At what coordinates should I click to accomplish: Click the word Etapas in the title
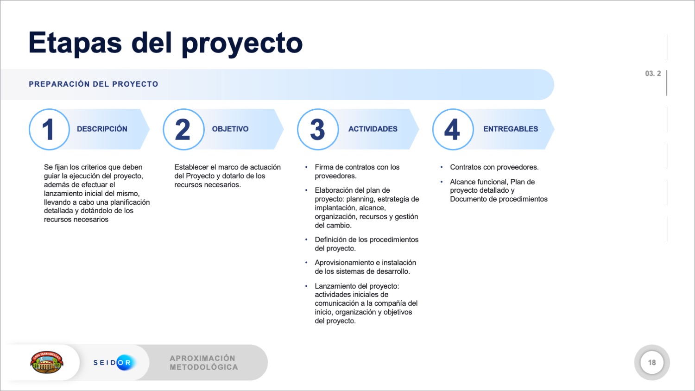click(x=75, y=43)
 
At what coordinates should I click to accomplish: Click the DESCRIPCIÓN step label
click(x=102, y=129)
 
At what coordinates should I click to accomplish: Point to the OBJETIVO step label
click(x=230, y=129)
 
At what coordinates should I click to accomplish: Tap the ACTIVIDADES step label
click(x=373, y=129)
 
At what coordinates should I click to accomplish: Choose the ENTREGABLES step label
click(x=511, y=129)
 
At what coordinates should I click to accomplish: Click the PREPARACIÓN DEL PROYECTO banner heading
click(x=94, y=84)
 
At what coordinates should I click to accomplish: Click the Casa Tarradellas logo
click(x=47, y=362)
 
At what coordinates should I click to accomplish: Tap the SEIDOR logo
click(x=114, y=362)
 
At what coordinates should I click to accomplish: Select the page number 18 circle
click(x=652, y=362)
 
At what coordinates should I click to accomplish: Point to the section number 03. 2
click(x=653, y=74)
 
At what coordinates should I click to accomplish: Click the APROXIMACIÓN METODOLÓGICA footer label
click(x=203, y=362)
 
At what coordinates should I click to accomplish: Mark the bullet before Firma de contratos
click(x=306, y=167)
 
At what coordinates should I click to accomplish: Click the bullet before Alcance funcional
click(x=442, y=182)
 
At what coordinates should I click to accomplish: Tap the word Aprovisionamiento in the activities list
click(x=344, y=263)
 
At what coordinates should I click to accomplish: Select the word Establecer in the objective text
click(x=191, y=167)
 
